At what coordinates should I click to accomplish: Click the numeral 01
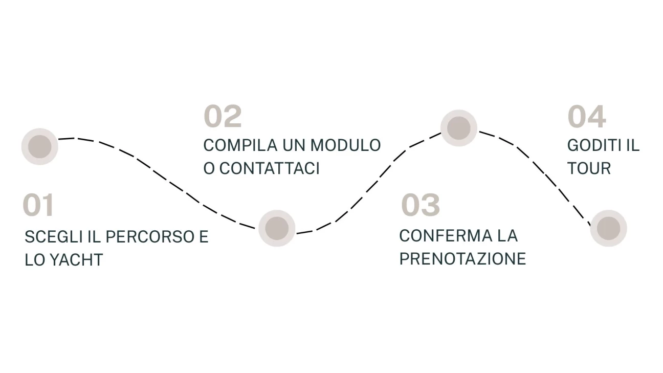[x=38, y=205]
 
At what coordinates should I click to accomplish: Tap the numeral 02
[x=223, y=116]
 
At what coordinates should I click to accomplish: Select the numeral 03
[x=421, y=205]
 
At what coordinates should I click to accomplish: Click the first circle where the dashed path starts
[x=40, y=146]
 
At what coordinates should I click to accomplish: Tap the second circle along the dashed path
[x=277, y=228]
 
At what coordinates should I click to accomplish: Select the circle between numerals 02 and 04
[x=459, y=128]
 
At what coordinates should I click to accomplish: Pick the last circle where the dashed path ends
[x=609, y=228]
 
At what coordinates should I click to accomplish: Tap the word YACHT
[x=76, y=260]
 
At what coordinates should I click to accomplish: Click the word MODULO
[x=345, y=145]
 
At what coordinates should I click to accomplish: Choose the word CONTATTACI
[x=269, y=168]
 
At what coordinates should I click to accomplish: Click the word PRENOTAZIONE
[x=462, y=259]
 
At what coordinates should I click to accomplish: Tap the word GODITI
[x=594, y=145]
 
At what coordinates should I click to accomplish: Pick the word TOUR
[x=589, y=168]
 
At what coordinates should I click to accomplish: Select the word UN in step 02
[x=294, y=145]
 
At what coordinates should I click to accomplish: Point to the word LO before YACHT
[x=34, y=260]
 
